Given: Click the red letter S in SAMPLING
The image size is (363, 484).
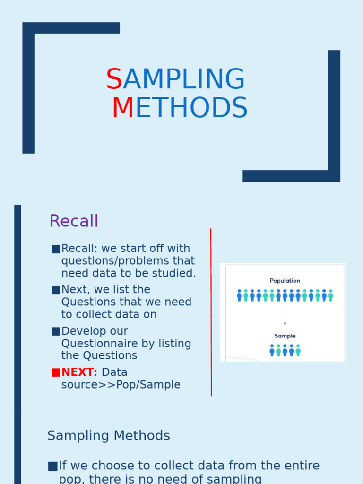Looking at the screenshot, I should pyautogui.click(x=114, y=79).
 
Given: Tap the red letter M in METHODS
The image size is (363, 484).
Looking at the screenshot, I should pyautogui.click(x=123, y=108).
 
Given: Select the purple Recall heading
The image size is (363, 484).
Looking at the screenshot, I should pyautogui.click(x=74, y=221).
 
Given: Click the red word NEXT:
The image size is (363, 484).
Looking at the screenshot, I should pyautogui.click(x=79, y=372).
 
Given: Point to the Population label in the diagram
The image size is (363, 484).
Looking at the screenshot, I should pyautogui.click(x=285, y=281).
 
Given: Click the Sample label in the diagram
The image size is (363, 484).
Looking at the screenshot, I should pyautogui.click(x=285, y=336).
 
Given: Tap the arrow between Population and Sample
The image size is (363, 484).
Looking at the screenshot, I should pyautogui.click(x=285, y=317).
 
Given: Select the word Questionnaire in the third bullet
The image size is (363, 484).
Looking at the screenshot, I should pyautogui.click(x=93, y=344).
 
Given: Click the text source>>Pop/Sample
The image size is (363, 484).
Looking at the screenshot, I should pyautogui.click(x=121, y=385).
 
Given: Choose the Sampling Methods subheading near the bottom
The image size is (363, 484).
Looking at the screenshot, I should pyautogui.click(x=109, y=436).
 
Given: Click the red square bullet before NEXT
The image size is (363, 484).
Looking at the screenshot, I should pyautogui.click(x=56, y=372).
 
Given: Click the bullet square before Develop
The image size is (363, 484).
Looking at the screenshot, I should pyautogui.click(x=56, y=331).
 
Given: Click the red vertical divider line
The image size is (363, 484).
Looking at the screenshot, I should pyautogui.click(x=211, y=312).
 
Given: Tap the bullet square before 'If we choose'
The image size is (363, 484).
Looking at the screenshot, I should pyautogui.click(x=52, y=467).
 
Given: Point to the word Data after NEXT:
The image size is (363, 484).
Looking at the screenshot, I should pyautogui.click(x=114, y=372).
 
